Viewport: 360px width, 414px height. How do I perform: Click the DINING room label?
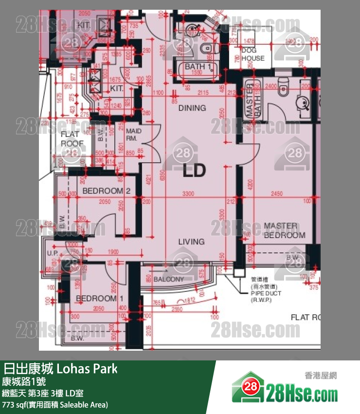pos(192,108)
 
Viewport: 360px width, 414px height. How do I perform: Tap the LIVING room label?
pos(191,242)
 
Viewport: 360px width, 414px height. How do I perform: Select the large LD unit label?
pos(194,171)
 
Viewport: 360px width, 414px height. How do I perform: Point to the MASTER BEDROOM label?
pos(285,230)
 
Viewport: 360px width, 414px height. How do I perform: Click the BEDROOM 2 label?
pos(106,191)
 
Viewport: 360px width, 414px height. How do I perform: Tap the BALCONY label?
pos(169,279)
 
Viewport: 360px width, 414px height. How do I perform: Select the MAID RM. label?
pos(133,135)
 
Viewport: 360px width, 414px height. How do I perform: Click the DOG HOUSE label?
pos(253,54)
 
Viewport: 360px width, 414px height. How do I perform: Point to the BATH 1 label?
pos(198,67)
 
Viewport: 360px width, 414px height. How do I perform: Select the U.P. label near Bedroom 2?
pos(53,253)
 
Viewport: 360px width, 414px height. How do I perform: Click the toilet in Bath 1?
pos(207,47)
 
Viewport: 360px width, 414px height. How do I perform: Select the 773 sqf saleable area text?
pos(55,405)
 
